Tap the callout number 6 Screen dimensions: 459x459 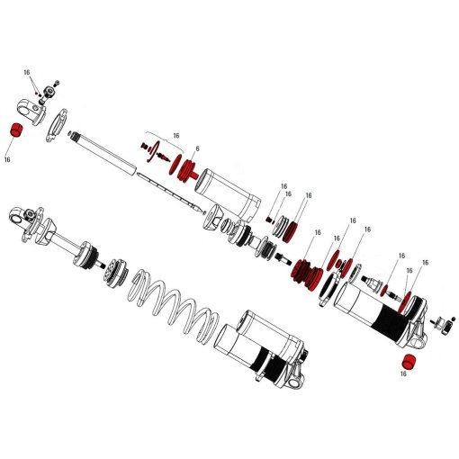197,148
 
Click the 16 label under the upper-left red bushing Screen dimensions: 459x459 8,159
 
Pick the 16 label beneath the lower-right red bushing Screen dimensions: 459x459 404,374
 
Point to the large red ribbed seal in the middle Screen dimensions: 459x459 309,271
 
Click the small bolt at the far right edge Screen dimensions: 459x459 442,322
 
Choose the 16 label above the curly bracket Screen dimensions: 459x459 175,135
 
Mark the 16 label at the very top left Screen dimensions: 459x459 27,72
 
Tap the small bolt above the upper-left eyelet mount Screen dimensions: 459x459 49,85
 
